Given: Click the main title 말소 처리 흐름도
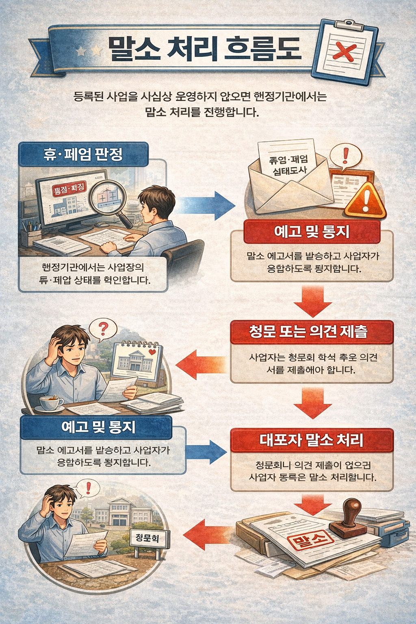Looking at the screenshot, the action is pyautogui.click(x=204, y=49).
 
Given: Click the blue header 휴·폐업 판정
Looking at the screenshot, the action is pyautogui.click(x=83, y=154).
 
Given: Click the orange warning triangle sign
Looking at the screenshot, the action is pyautogui.click(x=365, y=201).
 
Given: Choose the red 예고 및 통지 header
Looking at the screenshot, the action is pyautogui.click(x=312, y=232).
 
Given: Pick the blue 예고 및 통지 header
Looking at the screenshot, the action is pyautogui.click(x=96, y=427).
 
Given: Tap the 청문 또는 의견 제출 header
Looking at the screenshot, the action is pyautogui.click(x=312, y=332).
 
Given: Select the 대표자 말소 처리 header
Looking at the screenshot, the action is pyautogui.click(x=312, y=440).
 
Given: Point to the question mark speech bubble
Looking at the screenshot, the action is pyautogui.click(x=103, y=328).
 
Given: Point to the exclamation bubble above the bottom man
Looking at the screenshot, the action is pyautogui.click(x=87, y=487).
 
